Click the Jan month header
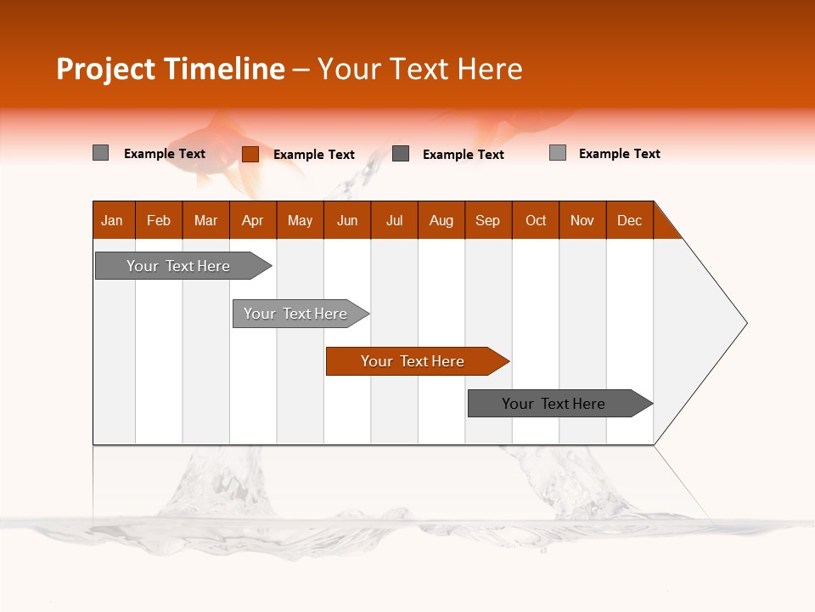[113, 220]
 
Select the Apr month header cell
[253, 220]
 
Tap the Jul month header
[395, 220]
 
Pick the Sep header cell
[488, 220]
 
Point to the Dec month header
[629, 220]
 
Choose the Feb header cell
[159, 220]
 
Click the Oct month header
[536, 220]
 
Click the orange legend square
[250, 154]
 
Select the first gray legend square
[100, 153]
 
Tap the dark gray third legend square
[401, 153]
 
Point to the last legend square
[557, 153]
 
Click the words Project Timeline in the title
[170, 69]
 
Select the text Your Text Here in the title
[419, 69]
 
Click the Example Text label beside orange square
[313, 155]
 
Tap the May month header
[300, 220]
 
